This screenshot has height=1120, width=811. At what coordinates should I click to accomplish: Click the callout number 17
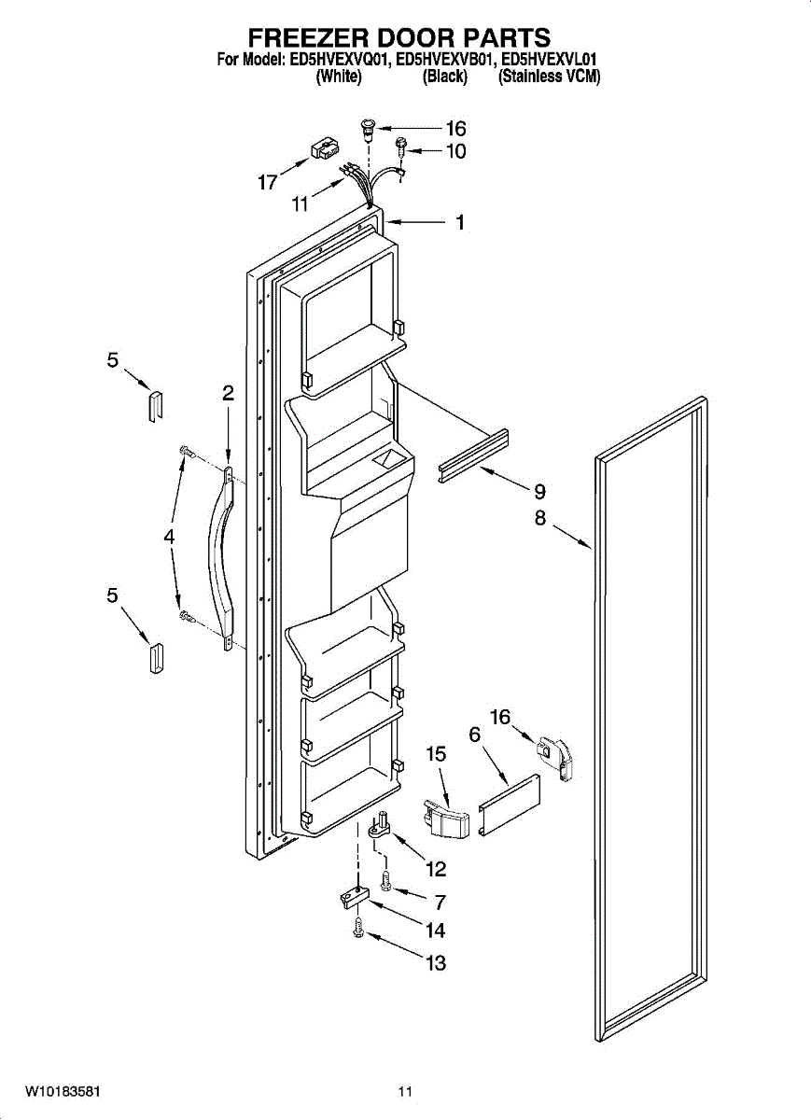[268, 183]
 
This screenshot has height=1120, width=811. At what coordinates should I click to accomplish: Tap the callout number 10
[455, 151]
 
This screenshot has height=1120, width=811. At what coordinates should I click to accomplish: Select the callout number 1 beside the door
[460, 223]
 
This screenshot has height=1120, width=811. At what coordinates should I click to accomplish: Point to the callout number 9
[539, 492]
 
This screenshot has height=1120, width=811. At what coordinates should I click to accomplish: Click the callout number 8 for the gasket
[540, 519]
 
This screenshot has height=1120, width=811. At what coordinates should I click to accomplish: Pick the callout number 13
[436, 962]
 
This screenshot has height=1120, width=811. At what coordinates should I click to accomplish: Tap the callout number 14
[435, 930]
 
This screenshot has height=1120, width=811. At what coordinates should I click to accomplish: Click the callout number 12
[436, 869]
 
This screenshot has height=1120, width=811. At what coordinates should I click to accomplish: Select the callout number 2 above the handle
[228, 393]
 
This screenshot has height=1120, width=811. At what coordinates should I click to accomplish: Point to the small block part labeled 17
[324, 150]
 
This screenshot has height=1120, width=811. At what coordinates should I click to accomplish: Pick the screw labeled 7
[386, 880]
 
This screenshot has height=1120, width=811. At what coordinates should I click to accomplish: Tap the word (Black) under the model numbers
[444, 77]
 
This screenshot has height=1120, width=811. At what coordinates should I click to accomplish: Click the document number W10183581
[63, 1091]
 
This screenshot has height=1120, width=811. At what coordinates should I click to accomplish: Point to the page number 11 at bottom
[404, 1091]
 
